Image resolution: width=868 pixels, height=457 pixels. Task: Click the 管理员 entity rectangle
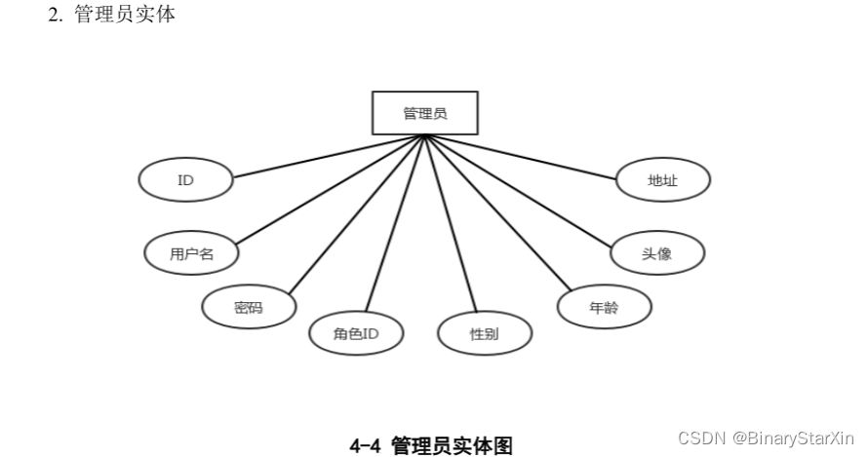pos(424,113)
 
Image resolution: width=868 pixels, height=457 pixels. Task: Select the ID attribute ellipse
pos(185,180)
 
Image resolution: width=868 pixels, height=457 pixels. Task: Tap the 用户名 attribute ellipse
pos(191,253)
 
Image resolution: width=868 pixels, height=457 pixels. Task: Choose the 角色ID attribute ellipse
pos(356,334)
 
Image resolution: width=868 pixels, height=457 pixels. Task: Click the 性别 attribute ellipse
pos(485,334)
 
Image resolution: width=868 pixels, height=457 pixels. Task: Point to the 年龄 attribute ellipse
pos(605,307)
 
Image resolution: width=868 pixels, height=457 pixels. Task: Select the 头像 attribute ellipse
pos(657,253)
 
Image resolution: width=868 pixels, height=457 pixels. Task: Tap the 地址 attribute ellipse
pos(663,180)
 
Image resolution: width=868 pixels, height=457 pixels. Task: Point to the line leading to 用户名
pos(332,189)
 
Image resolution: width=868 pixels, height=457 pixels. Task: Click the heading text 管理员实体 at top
pos(126,16)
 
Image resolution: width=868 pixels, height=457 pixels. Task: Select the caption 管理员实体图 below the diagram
pos(452,445)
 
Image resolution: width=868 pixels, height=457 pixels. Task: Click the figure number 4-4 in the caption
pos(366,445)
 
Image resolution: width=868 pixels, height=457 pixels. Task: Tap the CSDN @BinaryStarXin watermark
pos(766,438)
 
